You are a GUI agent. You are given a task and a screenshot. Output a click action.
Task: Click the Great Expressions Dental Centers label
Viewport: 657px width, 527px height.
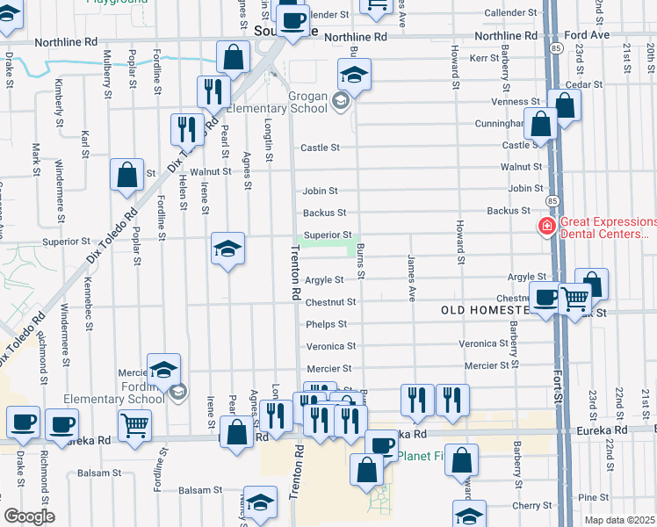(x=607, y=227)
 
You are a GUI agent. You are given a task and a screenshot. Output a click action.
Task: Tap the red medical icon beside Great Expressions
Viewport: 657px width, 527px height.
(x=546, y=227)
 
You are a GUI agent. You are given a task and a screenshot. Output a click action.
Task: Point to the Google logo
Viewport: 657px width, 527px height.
(x=29, y=516)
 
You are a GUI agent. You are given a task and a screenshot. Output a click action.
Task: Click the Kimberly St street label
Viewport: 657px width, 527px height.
(x=59, y=100)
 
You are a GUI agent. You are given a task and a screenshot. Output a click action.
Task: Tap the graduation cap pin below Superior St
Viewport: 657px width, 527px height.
(x=227, y=249)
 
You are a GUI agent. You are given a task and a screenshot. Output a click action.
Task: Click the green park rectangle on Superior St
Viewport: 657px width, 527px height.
(x=327, y=245)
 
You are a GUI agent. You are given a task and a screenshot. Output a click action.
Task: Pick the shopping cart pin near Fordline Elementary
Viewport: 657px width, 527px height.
(x=134, y=426)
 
